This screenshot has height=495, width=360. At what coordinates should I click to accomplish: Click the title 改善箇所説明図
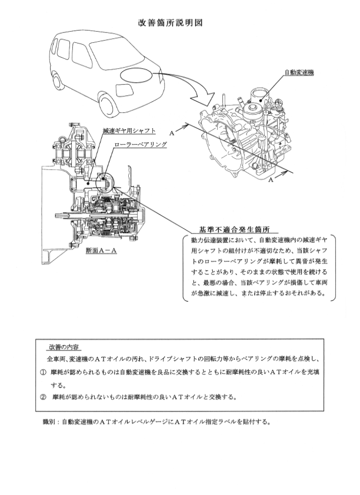(x=170, y=23)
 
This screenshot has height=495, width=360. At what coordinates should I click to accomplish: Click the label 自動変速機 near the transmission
(x=299, y=72)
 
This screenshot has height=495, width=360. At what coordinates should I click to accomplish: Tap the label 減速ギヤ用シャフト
(x=129, y=131)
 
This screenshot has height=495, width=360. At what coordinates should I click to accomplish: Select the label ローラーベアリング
(x=140, y=144)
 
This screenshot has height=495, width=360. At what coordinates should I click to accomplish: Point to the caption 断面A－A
(x=101, y=250)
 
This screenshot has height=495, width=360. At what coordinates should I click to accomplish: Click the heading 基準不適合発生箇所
(x=234, y=229)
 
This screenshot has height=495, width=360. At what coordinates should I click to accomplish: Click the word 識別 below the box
(x=49, y=422)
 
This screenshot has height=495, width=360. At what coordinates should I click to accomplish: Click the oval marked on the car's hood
(x=136, y=76)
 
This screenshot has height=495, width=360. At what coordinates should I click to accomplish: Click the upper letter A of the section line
(x=172, y=133)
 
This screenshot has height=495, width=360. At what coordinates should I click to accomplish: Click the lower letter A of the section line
(x=271, y=180)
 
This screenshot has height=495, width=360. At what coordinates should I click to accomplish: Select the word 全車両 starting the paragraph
(x=57, y=359)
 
